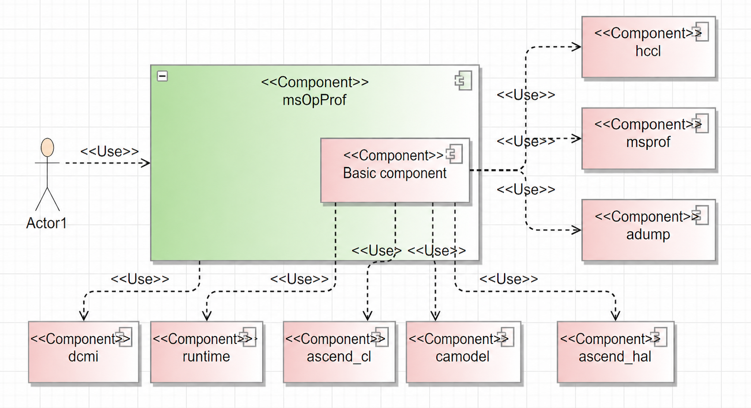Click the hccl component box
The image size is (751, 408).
[x=648, y=47]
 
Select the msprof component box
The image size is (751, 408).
[x=648, y=138]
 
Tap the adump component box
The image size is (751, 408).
[x=648, y=230]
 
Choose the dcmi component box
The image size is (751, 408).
[x=83, y=352]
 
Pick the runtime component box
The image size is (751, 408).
[x=207, y=352]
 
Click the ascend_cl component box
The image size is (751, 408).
[x=339, y=352]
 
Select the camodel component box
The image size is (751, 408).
[x=463, y=352]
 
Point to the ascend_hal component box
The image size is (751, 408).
[x=616, y=352]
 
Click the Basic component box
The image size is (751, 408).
[x=395, y=170]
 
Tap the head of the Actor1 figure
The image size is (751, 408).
[x=47, y=147]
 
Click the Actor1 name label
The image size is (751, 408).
[x=47, y=223]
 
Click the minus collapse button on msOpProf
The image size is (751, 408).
[x=162, y=76]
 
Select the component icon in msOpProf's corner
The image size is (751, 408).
[x=463, y=80]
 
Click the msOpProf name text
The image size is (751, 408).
[x=315, y=100]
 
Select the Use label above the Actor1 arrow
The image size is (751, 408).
[x=109, y=151]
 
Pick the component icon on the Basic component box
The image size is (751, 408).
[x=454, y=154]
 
